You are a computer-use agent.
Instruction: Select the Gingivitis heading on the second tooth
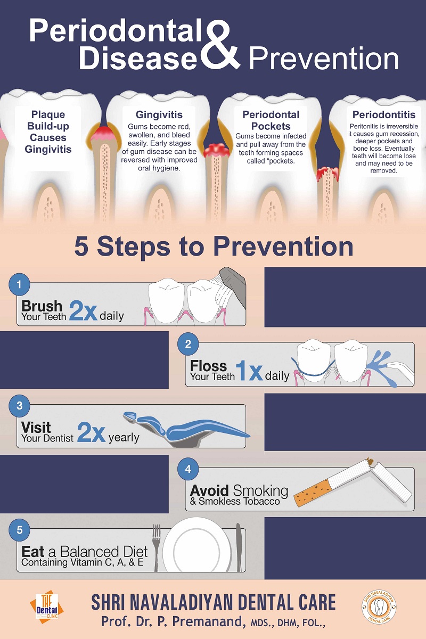pos(159,114)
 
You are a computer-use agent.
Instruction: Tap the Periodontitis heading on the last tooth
pos(383,114)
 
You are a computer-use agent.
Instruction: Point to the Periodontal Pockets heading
pos(271,120)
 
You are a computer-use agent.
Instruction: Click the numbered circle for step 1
pos(19,284)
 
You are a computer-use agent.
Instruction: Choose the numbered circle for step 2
pos(188,345)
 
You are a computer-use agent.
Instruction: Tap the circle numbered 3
pos(19,406)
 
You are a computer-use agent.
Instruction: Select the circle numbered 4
pos(188,469)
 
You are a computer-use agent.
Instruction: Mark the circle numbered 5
pos(19,530)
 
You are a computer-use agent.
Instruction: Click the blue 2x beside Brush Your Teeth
pos(83,311)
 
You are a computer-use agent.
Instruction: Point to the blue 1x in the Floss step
pos(249,371)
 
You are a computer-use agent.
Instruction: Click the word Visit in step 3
pos(36,427)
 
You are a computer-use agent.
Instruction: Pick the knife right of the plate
pos(239,547)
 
